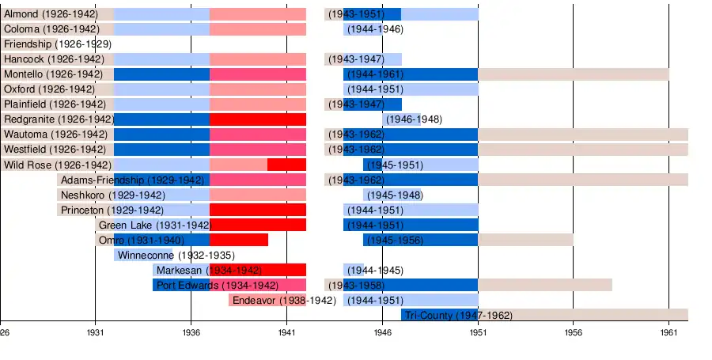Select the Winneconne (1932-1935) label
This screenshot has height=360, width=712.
[176, 256]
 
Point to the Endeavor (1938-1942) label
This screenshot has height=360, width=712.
[284, 301]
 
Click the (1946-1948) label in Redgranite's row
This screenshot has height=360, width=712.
[415, 119]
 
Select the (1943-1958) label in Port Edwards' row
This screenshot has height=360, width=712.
[355, 286]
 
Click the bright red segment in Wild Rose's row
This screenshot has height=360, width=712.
[286, 165]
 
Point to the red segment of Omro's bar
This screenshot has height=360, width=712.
[239, 240]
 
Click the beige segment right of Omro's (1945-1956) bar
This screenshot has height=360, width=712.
[525, 240]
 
